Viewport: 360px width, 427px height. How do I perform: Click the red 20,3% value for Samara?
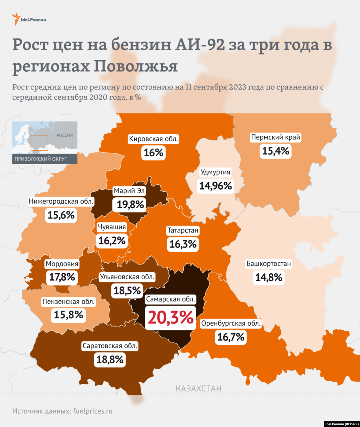171,317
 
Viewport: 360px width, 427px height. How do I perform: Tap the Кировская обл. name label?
154,139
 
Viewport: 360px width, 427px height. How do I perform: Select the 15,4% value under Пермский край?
276,151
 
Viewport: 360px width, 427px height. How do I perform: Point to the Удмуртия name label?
216,172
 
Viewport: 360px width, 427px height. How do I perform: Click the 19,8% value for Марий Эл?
130,204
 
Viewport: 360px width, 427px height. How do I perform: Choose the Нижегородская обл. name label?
61,202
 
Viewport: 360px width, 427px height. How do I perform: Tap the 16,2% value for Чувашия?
112,241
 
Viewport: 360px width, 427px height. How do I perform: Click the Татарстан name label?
183,231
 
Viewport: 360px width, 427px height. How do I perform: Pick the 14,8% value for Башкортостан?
269,278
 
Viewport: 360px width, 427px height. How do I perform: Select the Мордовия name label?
62,264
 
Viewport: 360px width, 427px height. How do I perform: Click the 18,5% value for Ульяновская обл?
127,291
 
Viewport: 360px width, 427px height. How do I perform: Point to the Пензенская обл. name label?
69,301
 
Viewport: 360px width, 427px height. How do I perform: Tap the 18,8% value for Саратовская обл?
110,359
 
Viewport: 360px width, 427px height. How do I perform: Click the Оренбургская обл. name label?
231,323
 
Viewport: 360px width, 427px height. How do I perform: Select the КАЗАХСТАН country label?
199,389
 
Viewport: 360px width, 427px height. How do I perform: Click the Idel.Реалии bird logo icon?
16,19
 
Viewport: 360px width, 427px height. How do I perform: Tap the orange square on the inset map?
39,142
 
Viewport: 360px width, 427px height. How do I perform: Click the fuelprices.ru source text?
93,411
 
